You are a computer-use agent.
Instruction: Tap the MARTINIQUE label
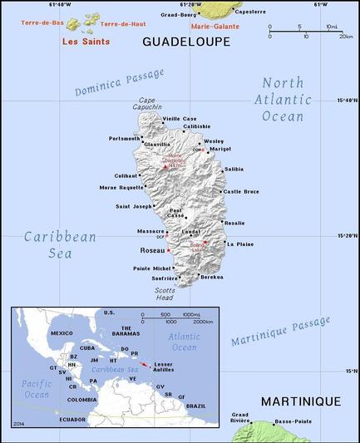point(300,401)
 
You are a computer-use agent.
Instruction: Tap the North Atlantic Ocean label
point(283,100)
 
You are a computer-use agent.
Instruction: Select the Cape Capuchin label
point(150,104)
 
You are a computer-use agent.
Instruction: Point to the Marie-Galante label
point(215,25)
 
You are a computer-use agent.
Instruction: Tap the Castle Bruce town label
point(241,191)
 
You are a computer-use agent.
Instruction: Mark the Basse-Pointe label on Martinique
point(293,421)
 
